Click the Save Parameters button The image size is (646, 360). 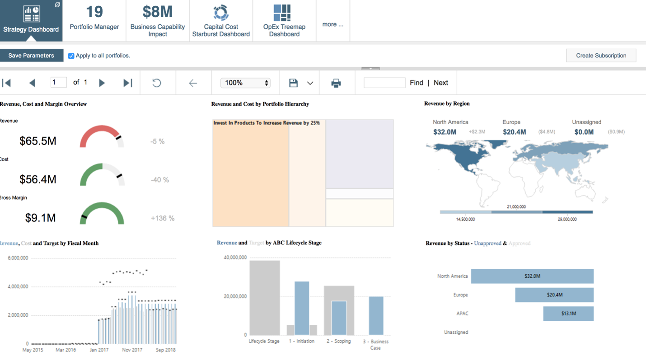click(31, 56)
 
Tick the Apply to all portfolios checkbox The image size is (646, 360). click(71, 56)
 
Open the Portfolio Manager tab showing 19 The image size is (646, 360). click(94, 20)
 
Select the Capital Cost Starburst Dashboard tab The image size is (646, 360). click(221, 20)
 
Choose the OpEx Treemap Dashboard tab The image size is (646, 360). click(284, 20)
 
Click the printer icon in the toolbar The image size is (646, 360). click(336, 83)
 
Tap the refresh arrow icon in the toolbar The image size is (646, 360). click(157, 83)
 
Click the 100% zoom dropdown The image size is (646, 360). click(245, 83)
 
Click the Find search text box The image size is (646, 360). click(384, 83)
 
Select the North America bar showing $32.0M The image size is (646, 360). click(532, 276)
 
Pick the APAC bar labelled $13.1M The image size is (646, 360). click(568, 313)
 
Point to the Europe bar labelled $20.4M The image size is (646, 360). click(554, 295)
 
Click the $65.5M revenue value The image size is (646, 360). click(38, 141)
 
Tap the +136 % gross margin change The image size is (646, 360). click(163, 218)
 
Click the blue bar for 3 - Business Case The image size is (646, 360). click(376, 315)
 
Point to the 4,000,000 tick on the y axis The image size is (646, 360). click(18, 286)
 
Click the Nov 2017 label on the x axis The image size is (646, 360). click(132, 350)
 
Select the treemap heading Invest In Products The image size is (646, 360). click(267, 123)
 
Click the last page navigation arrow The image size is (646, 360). click(128, 83)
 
